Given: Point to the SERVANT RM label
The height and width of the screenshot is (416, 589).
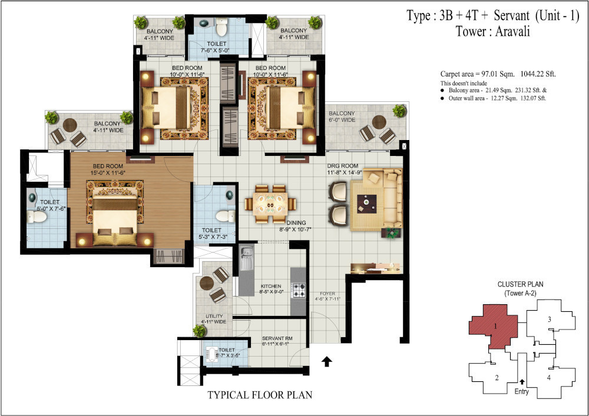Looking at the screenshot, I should (x=277, y=338).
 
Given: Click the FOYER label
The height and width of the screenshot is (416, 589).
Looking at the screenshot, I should (x=328, y=293).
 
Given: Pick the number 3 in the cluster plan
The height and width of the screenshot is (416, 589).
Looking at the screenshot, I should (x=549, y=320).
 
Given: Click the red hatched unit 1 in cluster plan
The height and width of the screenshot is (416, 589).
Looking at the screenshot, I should (x=494, y=327).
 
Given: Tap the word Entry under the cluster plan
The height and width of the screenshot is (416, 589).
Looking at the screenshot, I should (x=521, y=391).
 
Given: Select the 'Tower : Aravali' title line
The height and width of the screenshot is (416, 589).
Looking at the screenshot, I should (x=492, y=32).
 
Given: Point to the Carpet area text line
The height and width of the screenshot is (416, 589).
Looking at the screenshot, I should (x=498, y=74).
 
